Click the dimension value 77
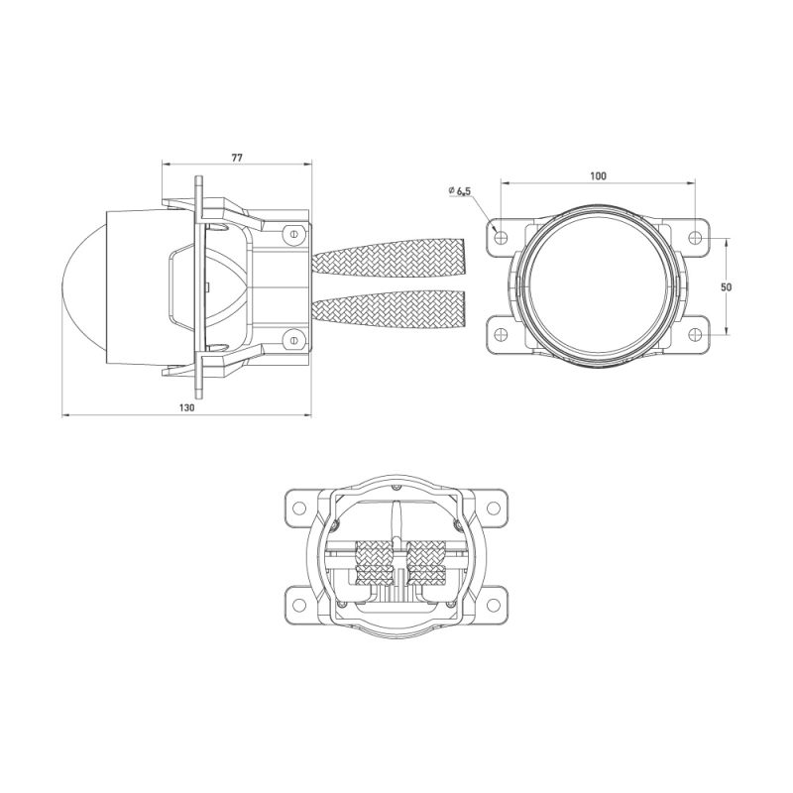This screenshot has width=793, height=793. coord(236,157)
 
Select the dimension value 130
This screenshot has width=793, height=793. coord(186,407)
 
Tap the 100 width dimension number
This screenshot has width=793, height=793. coord(597,175)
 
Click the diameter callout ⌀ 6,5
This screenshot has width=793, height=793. coord(459,189)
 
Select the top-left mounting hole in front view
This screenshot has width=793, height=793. coord(501,237)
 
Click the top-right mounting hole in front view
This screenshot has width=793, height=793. coord(696,237)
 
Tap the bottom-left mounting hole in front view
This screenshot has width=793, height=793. coord(501,335)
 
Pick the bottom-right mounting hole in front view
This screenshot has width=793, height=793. coord(696,335)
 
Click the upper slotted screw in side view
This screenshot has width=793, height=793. coord(292,234)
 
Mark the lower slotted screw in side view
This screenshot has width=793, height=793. coord(292,340)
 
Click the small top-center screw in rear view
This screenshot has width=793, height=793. coord(396,487)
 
